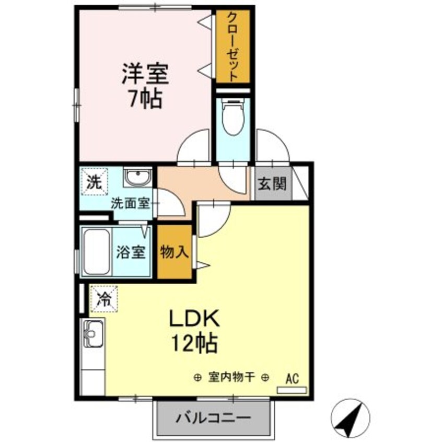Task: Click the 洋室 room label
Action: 145,74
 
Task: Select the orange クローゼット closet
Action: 233,46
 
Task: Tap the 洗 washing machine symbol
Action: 94,182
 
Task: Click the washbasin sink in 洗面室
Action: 138,178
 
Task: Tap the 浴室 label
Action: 131,252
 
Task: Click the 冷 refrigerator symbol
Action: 104,299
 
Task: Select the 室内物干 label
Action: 231,377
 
